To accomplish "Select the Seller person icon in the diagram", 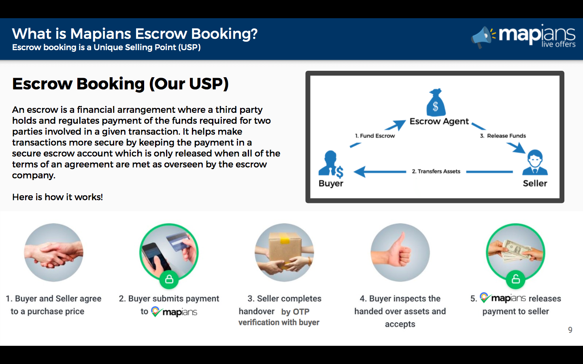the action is tap(535, 163).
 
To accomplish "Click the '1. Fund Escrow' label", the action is tap(375, 136).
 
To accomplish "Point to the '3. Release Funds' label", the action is tap(503, 136).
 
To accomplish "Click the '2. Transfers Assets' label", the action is tap(436, 171).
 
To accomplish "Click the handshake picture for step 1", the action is tap(54, 252).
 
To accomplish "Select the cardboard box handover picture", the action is tap(284, 252).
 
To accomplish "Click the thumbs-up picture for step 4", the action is tap(400, 252).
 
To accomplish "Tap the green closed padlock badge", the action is tap(169, 279).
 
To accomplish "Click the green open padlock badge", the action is tap(515, 279).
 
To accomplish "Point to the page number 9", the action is tap(570, 330).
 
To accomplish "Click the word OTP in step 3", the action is tap(301, 312).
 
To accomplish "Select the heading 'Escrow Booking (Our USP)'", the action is tap(120, 84).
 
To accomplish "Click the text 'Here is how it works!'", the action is tap(57, 197).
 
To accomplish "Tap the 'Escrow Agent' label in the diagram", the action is tap(439, 121).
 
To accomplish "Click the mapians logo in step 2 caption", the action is tap(174, 312).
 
